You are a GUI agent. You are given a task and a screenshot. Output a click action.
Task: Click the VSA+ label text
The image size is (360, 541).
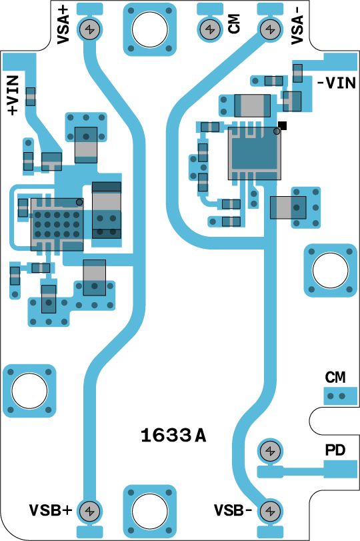tap(63, 25)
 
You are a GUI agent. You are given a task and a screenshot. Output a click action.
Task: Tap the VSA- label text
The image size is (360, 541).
tap(297, 25)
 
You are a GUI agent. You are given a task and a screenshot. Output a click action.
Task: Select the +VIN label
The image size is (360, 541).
tap(13, 95)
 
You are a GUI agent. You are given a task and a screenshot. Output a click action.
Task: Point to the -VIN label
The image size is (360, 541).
tap(336, 83)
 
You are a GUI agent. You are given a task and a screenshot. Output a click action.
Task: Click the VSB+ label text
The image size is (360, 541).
tap(51, 510)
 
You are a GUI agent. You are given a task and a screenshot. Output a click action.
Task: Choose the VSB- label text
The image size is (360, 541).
tap(233, 510)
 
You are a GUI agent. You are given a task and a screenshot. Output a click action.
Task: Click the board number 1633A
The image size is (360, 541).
tap(173, 436)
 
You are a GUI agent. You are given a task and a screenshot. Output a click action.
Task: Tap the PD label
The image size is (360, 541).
tap(335, 450)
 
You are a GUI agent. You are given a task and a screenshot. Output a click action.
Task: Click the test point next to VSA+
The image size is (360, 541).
tap(90, 29)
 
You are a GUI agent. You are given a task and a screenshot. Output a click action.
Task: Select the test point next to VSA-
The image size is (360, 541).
tap(271, 29)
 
